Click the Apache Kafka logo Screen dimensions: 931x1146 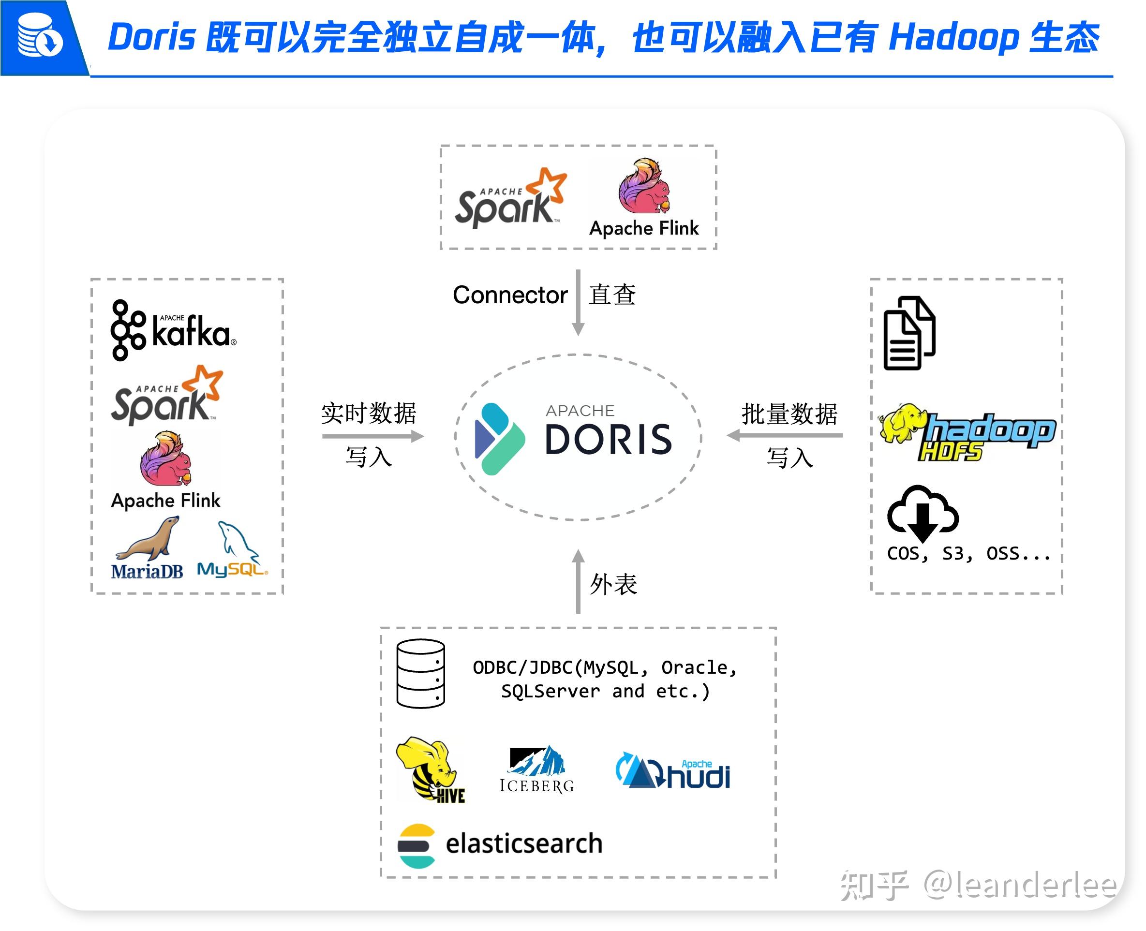pyautogui.click(x=173, y=330)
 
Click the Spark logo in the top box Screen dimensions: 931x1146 pyautogui.click(x=510, y=198)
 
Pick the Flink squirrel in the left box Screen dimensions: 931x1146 pyautogui.click(x=166, y=458)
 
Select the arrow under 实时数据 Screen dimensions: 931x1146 pyautogui.click(x=372, y=436)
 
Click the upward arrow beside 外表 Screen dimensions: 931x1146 pyautogui.click(x=578, y=581)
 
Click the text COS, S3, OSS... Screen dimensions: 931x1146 pyautogui.click(x=968, y=553)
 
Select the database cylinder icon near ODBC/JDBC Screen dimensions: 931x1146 pyautogui.click(x=420, y=673)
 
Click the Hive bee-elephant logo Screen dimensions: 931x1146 pyautogui.click(x=430, y=769)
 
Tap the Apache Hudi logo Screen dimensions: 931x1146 pyautogui.click(x=672, y=770)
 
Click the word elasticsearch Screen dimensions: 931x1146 pyautogui.click(x=523, y=843)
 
